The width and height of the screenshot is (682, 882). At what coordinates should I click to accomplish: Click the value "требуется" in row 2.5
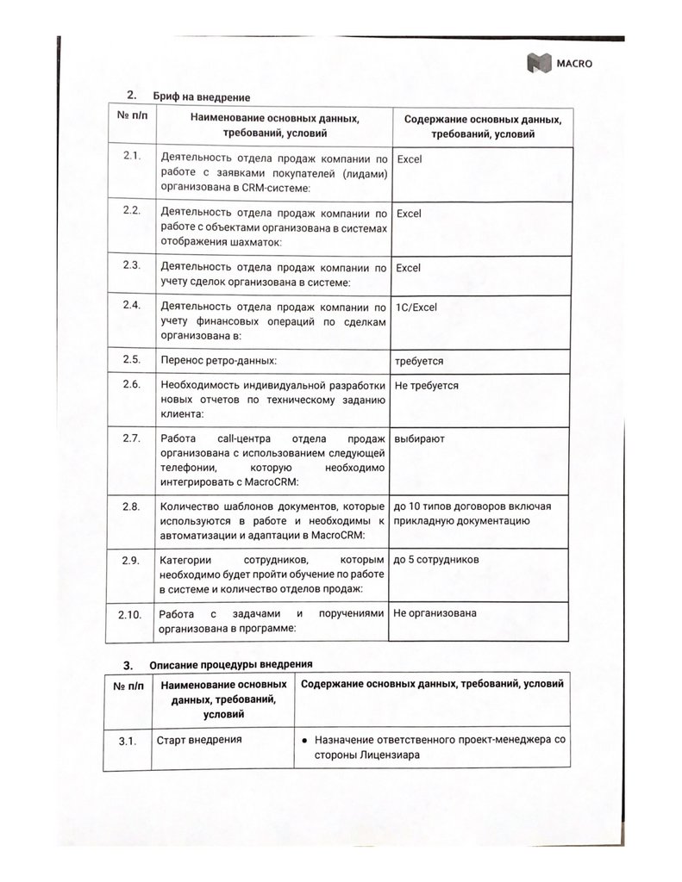418,361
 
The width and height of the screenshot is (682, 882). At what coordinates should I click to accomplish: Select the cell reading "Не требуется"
426,386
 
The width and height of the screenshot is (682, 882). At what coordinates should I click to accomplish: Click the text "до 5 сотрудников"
436,560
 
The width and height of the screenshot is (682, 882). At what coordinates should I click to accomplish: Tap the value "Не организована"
435,613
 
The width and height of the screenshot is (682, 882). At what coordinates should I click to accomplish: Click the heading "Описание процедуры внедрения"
228,664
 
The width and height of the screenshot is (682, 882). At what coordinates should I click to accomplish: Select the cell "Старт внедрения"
198,739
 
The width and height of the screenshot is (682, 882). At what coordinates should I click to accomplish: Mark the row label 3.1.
128,740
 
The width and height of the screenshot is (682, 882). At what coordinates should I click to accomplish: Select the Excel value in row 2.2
410,213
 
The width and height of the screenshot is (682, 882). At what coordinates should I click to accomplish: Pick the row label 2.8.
131,506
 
